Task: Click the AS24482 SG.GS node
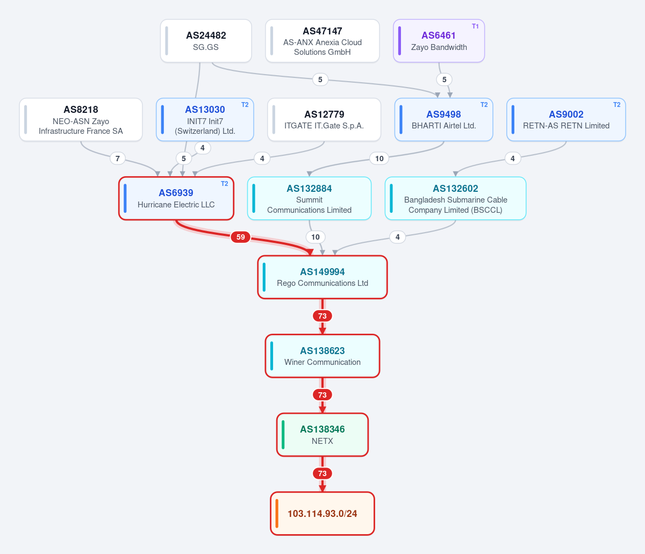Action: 206,41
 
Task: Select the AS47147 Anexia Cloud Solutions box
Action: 322,41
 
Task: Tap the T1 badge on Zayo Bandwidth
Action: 475,26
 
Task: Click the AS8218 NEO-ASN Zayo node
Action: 81,120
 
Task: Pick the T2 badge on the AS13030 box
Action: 245,105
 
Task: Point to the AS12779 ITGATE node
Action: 324,120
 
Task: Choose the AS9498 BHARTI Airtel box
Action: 444,120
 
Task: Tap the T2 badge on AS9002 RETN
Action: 617,105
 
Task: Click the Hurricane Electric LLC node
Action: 176,198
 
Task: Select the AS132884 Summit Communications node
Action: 309,198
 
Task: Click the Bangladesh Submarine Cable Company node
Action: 456,198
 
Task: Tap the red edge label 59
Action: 241,237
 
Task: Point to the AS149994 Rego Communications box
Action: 322,277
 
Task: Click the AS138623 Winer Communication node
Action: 322,356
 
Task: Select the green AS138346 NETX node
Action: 322,435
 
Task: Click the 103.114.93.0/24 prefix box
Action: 322,514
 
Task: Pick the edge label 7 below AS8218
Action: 118,159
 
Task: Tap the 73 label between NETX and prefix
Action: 322,473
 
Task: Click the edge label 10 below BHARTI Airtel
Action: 379,159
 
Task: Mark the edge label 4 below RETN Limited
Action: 513,159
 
